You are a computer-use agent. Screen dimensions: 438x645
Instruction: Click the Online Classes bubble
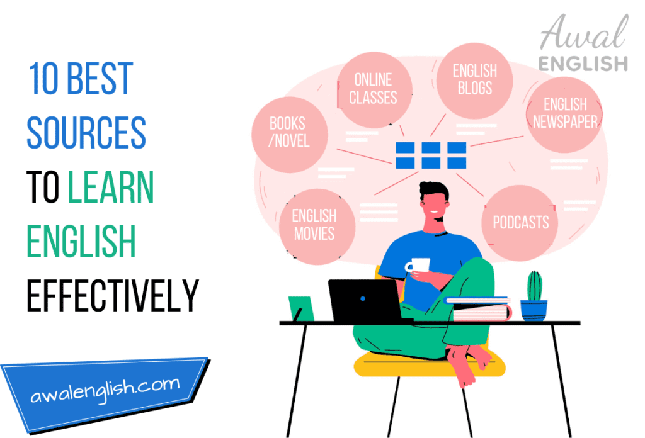(x=374, y=88)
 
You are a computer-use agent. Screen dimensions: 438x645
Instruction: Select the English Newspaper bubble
(x=564, y=114)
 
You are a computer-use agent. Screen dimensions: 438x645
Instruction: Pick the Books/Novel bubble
(x=289, y=132)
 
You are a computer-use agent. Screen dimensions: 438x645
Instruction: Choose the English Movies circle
(x=314, y=225)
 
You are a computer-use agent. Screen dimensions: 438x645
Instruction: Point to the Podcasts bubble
(x=520, y=222)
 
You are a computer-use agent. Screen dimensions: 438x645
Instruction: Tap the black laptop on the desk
(x=364, y=300)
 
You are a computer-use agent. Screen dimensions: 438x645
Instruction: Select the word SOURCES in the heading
(x=86, y=133)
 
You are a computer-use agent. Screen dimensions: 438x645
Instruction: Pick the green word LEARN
(x=111, y=187)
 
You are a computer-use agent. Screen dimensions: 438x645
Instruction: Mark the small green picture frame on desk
(x=300, y=308)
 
